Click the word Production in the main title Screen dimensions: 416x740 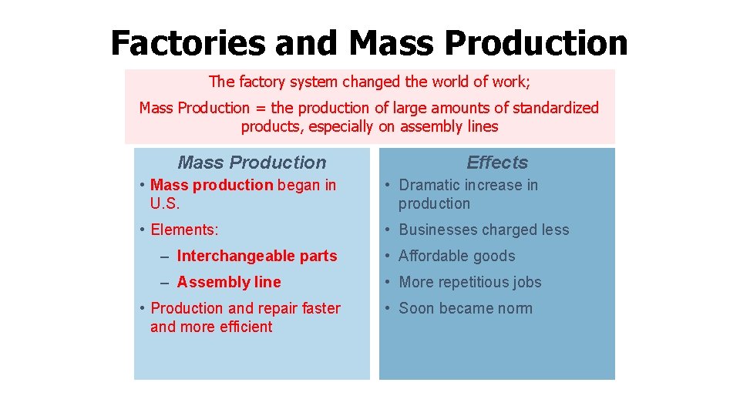[x=536, y=43]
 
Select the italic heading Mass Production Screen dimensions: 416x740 [x=252, y=163]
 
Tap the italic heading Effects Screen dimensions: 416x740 [x=497, y=163]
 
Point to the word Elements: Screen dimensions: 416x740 [x=185, y=230]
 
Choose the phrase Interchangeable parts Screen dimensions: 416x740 [x=257, y=256]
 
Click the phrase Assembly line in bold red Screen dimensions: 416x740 [x=229, y=282]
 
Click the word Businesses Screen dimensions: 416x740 [x=439, y=230]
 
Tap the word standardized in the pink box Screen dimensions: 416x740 [x=551, y=108]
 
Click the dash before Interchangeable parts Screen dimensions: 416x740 [x=167, y=256]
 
